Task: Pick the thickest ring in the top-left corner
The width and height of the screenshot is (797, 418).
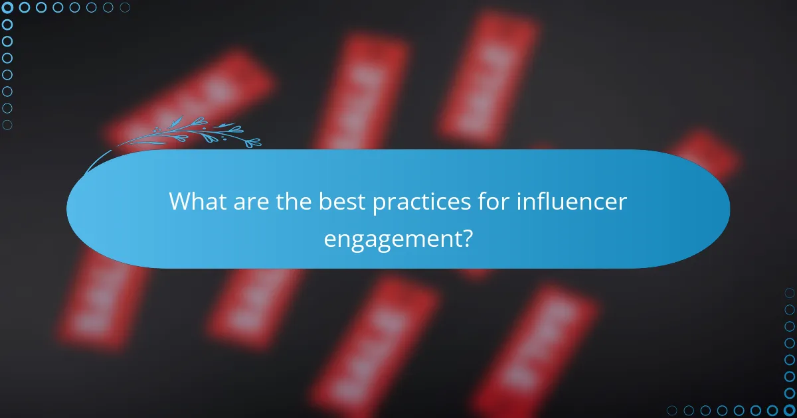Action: [8, 8]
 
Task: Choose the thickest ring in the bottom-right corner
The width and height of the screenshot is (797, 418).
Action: [789, 410]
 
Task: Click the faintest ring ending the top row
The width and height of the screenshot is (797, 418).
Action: [124, 8]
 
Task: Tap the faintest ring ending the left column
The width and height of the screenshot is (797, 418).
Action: [8, 124]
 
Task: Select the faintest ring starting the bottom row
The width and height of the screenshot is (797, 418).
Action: [673, 410]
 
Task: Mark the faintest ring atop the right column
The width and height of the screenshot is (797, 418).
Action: [789, 293]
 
